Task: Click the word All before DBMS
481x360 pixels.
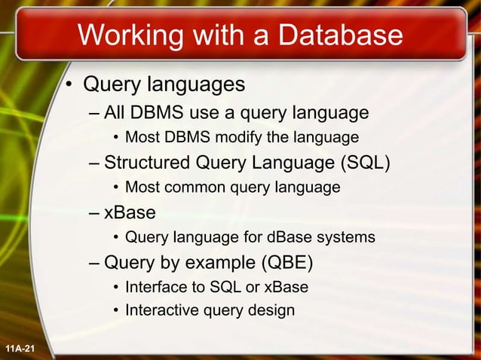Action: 115,113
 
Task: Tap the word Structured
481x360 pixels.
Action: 147,162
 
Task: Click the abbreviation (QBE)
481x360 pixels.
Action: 283,262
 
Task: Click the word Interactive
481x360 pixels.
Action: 159,310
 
